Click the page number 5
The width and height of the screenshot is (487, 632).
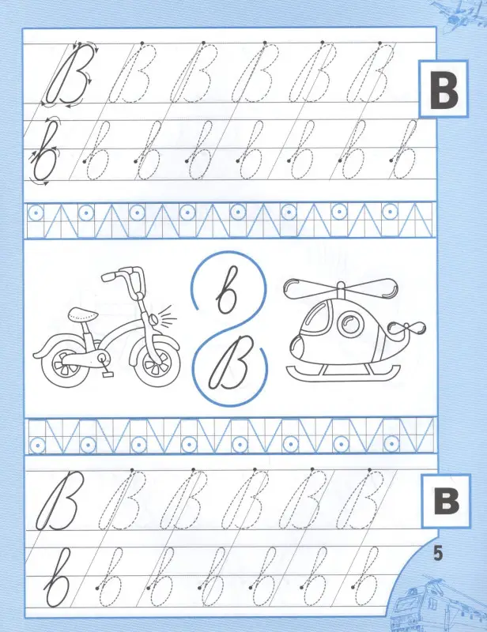click(437, 553)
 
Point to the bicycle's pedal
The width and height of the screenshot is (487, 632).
click(108, 374)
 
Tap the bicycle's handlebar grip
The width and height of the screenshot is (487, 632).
click(109, 276)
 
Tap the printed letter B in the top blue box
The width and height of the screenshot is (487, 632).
click(444, 89)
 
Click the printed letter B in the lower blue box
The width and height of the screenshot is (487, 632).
click(447, 500)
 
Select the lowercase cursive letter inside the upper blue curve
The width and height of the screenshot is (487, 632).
click(227, 289)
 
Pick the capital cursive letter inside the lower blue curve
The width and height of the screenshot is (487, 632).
click(229, 363)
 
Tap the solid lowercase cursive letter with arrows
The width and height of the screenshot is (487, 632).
click(45, 151)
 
